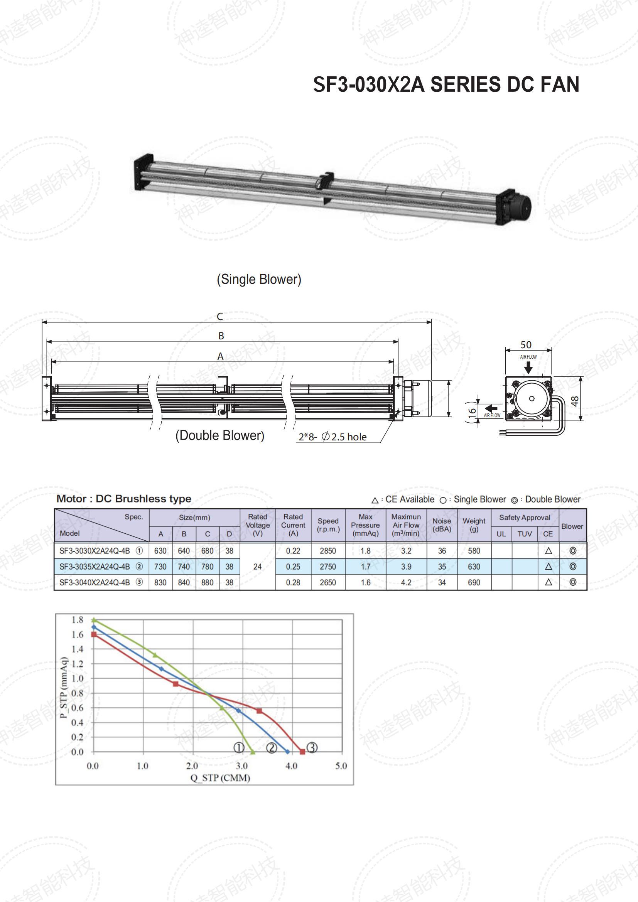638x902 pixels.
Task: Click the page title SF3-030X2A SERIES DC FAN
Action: tap(446, 84)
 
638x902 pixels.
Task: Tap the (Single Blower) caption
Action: tap(259, 279)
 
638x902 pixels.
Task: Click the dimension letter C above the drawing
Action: tap(220, 316)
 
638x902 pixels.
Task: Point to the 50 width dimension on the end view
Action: tap(526, 344)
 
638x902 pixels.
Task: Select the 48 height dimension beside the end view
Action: tap(575, 401)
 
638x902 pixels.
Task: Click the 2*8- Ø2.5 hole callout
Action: tap(333, 437)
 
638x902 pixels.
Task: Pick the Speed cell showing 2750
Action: tap(327, 566)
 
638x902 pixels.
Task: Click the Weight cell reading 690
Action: tap(474, 582)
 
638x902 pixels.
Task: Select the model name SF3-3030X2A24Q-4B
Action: tap(95, 551)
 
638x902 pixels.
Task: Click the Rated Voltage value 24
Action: tap(257, 566)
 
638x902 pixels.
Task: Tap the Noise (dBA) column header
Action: tap(442, 525)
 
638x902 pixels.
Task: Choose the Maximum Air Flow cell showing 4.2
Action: tap(406, 582)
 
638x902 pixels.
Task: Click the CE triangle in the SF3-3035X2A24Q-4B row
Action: tap(549, 566)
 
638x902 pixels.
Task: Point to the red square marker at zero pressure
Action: tap(302, 752)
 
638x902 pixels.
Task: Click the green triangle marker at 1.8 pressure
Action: tap(94, 620)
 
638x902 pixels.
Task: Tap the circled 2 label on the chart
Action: tap(272, 748)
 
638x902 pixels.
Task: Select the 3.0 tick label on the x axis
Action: tap(241, 766)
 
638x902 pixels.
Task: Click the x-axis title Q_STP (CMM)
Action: tap(220, 778)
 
